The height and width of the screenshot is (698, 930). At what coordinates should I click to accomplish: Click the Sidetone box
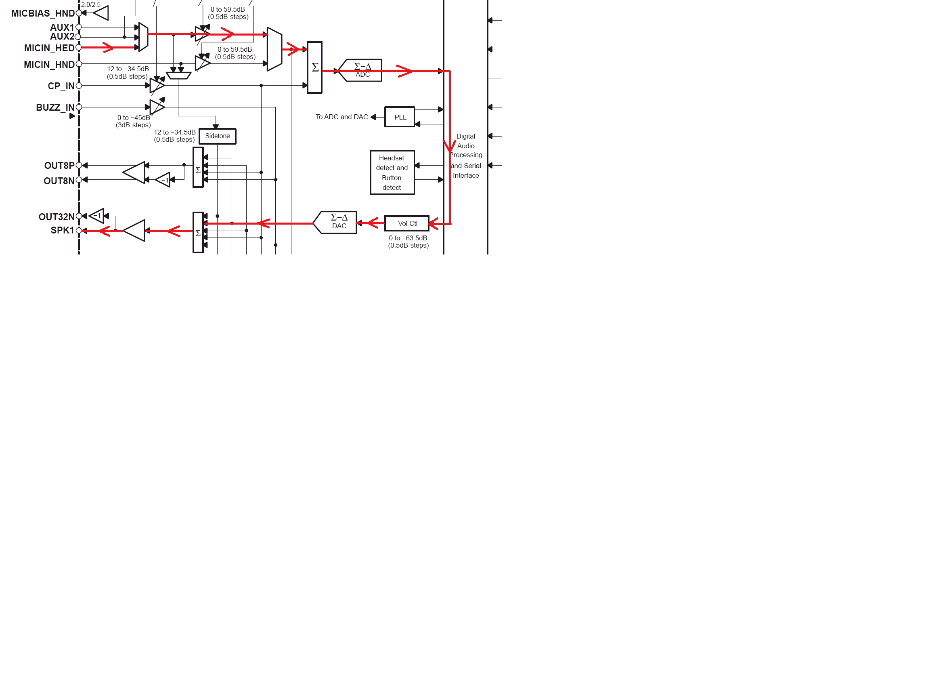(x=218, y=136)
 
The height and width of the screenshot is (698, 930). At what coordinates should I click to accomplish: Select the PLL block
(x=400, y=117)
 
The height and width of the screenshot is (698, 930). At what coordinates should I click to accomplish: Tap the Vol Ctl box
(x=407, y=223)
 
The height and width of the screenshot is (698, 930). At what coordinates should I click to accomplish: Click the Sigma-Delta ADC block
(x=362, y=70)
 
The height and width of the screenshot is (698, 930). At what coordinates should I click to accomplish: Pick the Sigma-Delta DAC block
(x=337, y=222)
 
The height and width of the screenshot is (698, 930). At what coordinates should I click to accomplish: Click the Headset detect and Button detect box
(x=392, y=172)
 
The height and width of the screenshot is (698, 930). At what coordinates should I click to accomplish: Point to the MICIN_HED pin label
(x=49, y=48)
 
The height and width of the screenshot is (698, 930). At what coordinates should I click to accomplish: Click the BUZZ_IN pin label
(x=55, y=108)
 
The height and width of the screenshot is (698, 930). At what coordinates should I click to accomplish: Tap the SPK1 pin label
(x=62, y=231)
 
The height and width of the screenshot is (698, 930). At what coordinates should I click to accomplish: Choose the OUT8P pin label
(x=59, y=166)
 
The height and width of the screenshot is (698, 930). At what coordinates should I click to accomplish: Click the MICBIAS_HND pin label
(x=43, y=13)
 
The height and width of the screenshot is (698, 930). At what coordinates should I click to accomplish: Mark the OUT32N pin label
(x=57, y=217)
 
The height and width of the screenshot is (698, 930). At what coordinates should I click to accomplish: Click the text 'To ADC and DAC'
(x=342, y=117)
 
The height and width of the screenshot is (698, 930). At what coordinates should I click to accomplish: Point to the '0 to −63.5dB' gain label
(x=408, y=238)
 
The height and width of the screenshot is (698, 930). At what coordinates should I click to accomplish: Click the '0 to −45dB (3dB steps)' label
(x=133, y=121)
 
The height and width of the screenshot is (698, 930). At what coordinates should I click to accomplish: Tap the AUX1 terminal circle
(x=79, y=27)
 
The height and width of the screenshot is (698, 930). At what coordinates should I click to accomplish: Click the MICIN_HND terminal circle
(x=79, y=64)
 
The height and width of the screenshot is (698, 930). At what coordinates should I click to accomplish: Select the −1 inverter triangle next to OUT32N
(x=97, y=216)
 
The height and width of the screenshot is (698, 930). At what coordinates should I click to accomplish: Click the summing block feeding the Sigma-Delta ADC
(x=314, y=67)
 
